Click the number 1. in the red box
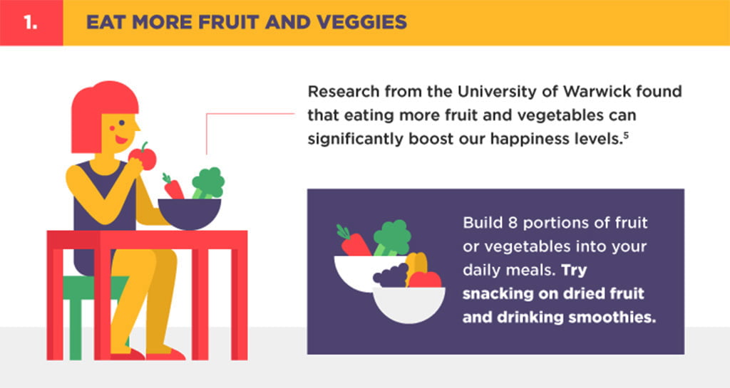click(x=30, y=22)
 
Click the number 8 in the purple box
click(x=513, y=223)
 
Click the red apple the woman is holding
click(x=143, y=157)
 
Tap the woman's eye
click(x=121, y=123)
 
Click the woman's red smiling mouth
click(x=121, y=139)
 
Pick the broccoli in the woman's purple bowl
click(x=208, y=183)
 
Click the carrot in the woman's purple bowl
click(x=173, y=187)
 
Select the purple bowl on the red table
click(x=190, y=214)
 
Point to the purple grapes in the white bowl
click(x=391, y=276)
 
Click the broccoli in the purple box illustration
click(x=392, y=238)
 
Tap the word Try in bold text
click(x=574, y=271)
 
